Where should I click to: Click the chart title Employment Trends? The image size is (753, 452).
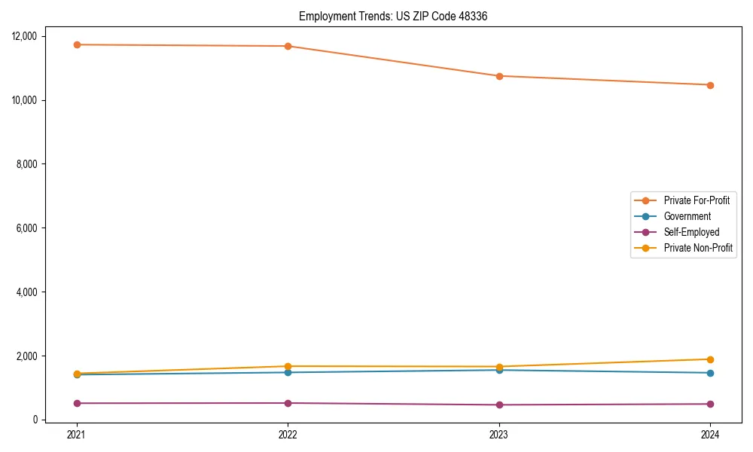point(393,16)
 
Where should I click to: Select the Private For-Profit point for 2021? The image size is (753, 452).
point(76,44)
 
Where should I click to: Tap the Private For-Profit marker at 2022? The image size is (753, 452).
point(288,46)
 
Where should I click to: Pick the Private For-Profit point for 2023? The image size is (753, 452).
point(499,76)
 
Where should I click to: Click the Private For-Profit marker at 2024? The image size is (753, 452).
point(710,85)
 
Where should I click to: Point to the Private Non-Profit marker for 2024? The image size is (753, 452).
point(710,359)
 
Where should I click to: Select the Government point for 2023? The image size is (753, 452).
point(499,370)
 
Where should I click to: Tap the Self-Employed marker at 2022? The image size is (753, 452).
point(288,403)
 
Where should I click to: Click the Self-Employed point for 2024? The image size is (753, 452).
point(710,404)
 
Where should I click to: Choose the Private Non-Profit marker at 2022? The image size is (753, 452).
point(288,366)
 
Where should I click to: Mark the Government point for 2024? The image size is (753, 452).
point(710,373)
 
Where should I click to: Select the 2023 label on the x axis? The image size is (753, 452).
point(499,434)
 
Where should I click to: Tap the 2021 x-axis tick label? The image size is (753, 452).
point(76,434)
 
